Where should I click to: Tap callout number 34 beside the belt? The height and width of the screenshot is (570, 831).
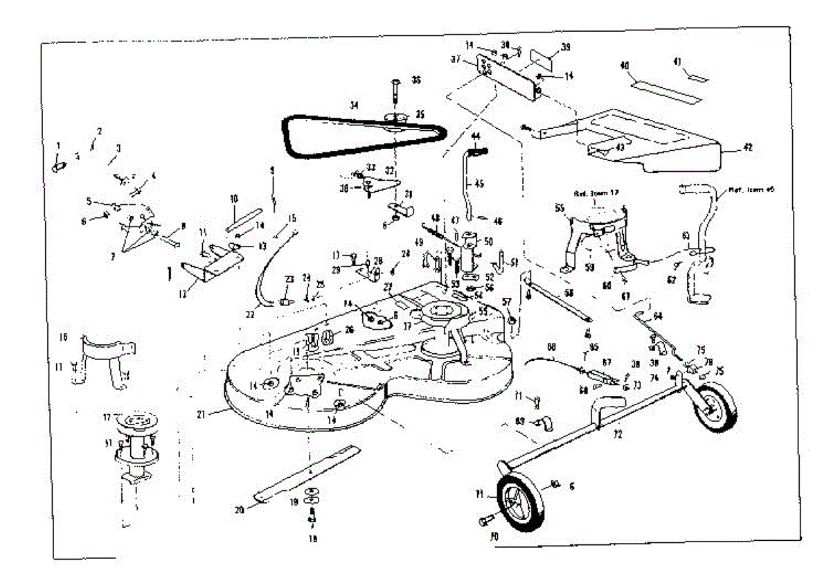[354, 106]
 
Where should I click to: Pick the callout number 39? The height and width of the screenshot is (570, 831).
[566, 47]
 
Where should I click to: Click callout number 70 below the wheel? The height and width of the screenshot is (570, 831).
[494, 535]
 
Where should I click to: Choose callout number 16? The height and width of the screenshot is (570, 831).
[64, 337]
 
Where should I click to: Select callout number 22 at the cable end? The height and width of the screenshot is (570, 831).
[251, 314]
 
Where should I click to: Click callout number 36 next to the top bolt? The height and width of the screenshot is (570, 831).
[416, 80]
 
